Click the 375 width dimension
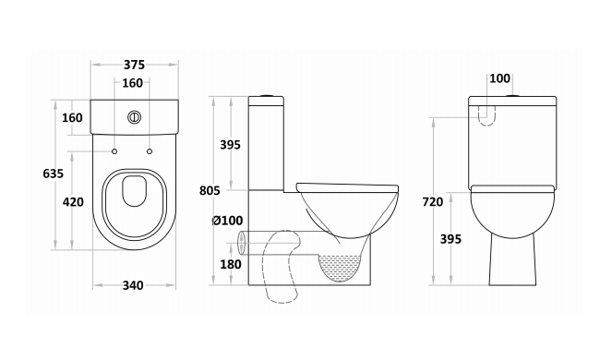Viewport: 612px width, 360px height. [x=134, y=65]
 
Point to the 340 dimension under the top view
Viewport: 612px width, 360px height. [x=133, y=285]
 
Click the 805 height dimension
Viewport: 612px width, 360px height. [x=210, y=191]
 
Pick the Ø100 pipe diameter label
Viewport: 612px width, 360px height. [x=226, y=221]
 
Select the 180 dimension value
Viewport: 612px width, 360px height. [x=230, y=265]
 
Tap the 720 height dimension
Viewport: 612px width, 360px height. [x=432, y=201]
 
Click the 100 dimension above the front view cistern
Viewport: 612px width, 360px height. [x=500, y=78]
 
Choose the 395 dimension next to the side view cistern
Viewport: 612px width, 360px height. [x=230, y=144]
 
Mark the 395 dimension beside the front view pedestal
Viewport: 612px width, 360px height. [x=450, y=239]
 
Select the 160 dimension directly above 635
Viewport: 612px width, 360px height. [x=72, y=117]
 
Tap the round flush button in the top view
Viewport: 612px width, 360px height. [x=134, y=117]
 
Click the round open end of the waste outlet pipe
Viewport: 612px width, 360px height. [x=242, y=244]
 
